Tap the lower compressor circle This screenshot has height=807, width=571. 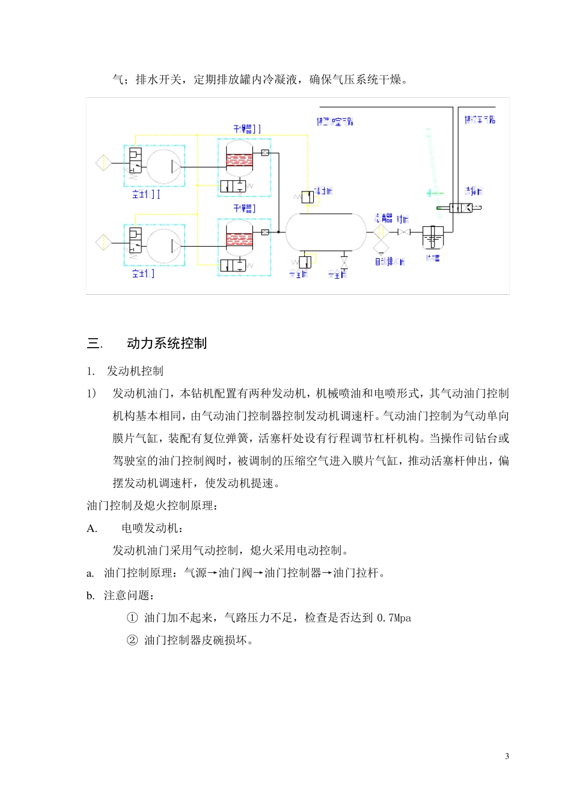[164, 244]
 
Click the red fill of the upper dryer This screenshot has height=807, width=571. [239, 160]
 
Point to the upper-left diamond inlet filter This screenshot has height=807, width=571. [103, 163]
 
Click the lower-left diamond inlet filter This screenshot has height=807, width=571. [103, 242]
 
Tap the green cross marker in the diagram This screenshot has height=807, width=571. [435, 193]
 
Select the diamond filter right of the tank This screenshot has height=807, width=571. [381, 232]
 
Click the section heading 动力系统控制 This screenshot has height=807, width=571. [166, 343]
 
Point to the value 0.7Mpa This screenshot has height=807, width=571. [394, 618]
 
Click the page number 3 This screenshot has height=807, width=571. [507, 756]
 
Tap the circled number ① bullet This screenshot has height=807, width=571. [132, 618]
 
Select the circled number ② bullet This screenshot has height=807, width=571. [132, 640]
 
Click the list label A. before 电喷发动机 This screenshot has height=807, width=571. [92, 528]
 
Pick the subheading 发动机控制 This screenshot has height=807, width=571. [135, 371]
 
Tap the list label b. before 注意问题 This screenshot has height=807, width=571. [91, 596]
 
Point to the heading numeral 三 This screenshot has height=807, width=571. [95, 343]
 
